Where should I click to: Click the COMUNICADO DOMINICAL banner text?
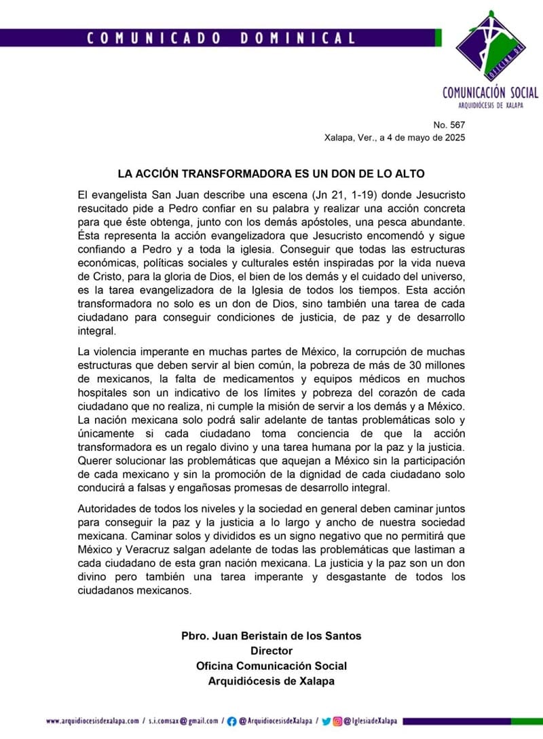coord(221,38)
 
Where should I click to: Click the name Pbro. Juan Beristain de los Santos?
coord(271,636)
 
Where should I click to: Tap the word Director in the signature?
coord(271,651)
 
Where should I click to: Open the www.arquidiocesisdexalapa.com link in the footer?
coord(92,721)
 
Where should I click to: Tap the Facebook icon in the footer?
coord(232,721)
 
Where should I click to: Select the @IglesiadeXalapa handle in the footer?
coord(370,721)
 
